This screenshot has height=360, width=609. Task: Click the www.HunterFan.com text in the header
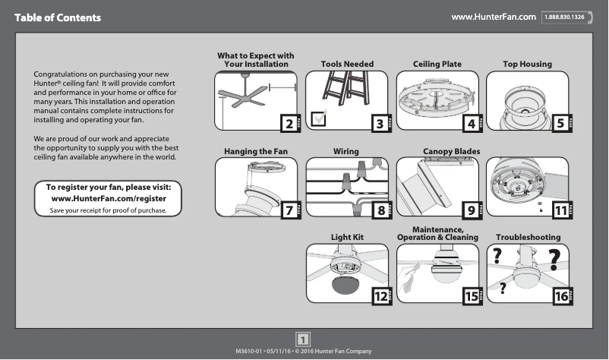pyautogui.click(x=494, y=17)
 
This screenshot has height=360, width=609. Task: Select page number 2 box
pyautogui.click(x=288, y=123)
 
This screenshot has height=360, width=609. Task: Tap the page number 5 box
pyautogui.click(x=560, y=123)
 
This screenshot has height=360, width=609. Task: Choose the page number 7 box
pyautogui.click(x=288, y=210)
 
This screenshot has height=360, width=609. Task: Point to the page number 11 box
pyautogui.click(x=560, y=210)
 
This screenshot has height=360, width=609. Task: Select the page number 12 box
pyautogui.click(x=378, y=297)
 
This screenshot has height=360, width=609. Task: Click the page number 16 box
pyautogui.click(x=560, y=297)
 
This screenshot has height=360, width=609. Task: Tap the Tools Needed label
pyautogui.click(x=347, y=65)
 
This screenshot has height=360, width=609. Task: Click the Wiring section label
pyautogui.click(x=346, y=152)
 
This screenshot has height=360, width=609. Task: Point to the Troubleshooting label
pyautogui.click(x=528, y=238)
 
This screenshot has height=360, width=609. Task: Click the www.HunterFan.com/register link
pyautogui.click(x=108, y=198)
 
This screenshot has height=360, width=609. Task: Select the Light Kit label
pyautogui.click(x=347, y=238)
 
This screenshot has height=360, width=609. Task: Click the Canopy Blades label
pyautogui.click(x=451, y=152)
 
